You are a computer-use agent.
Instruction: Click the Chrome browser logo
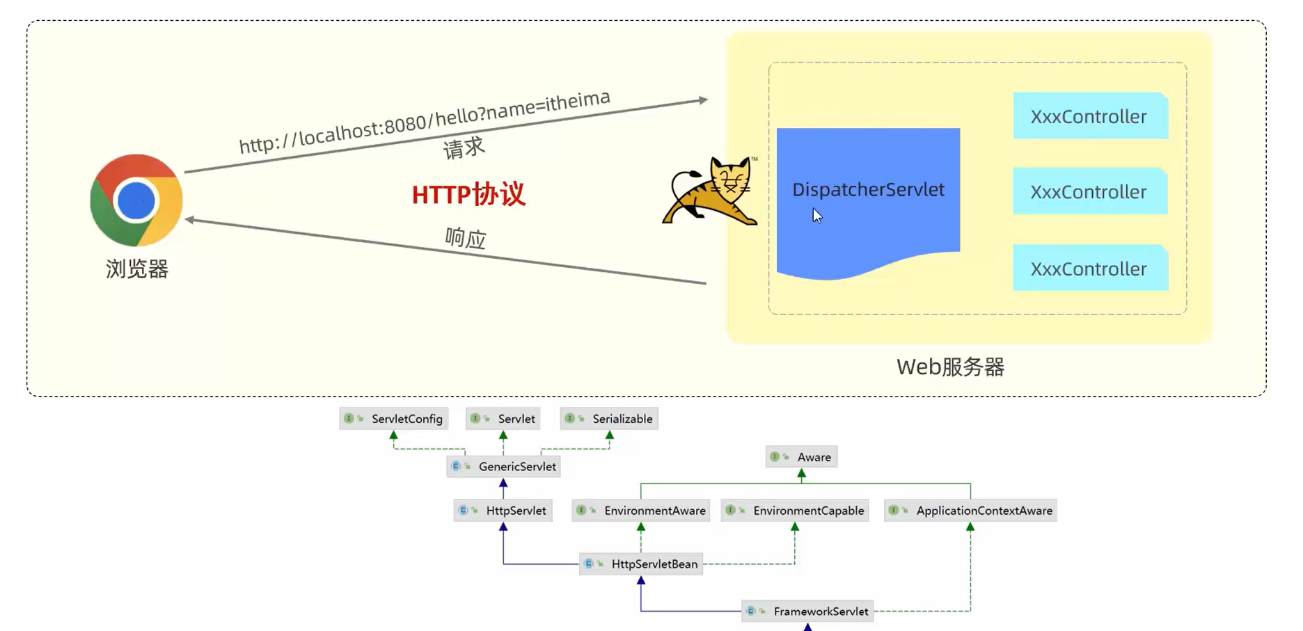coord(136,200)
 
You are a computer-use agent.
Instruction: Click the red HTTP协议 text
coord(468,194)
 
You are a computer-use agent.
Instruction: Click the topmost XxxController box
coord(1089,116)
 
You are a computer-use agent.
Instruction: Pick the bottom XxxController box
coord(1089,269)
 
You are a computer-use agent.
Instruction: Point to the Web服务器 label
coord(950,367)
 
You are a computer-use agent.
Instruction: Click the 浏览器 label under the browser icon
coord(137,269)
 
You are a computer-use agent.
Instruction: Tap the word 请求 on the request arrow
coord(464,148)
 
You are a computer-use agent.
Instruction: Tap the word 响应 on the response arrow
coord(466,239)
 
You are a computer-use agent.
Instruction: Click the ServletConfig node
coord(394,419)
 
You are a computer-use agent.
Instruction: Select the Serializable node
coord(609,419)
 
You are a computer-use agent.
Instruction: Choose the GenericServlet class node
coord(504,466)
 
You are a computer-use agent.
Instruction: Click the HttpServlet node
coord(503,511)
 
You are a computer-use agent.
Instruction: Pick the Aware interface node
coord(802,457)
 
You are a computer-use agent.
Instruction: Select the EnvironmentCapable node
coord(795,511)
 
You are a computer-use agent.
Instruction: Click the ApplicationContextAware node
coord(970,511)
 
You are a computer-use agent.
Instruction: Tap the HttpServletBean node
coord(641,564)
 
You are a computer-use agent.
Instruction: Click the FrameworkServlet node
coord(807,612)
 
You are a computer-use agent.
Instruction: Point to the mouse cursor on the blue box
coord(817,216)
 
